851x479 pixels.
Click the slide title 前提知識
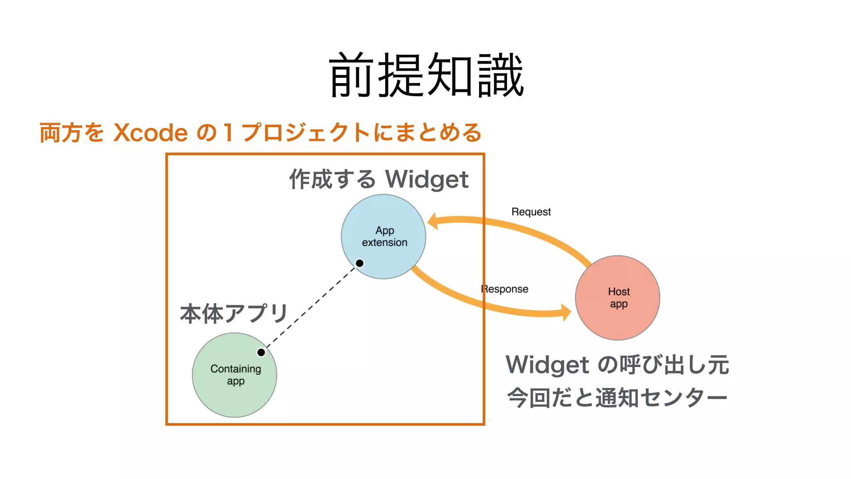pyautogui.click(x=426, y=75)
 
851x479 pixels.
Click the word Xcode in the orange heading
pyautogui.click(x=150, y=133)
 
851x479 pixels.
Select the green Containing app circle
pyautogui.click(x=234, y=375)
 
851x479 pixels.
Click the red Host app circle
pyautogui.click(x=618, y=298)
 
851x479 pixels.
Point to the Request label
pyautogui.click(x=531, y=212)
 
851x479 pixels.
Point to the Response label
pyautogui.click(x=504, y=289)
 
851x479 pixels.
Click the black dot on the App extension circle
pyautogui.click(x=360, y=263)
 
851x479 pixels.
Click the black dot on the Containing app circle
pyautogui.click(x=261, y=353)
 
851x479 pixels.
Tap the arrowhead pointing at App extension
pyautogui.click(x=433, y=221)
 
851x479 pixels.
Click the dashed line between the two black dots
pyautogui.click(x=310, y=308)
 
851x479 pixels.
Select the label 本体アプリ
pyautogui.click(x=234, y=314)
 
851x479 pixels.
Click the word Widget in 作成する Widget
pyautogui.click(x=427, y=180)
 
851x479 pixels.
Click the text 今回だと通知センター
pyautogui.click(x=617, y=398)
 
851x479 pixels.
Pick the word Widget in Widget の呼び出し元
pyautogui.click(x=547, y=365)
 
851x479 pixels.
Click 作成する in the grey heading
pyautogui.click(x=332, y=180)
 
